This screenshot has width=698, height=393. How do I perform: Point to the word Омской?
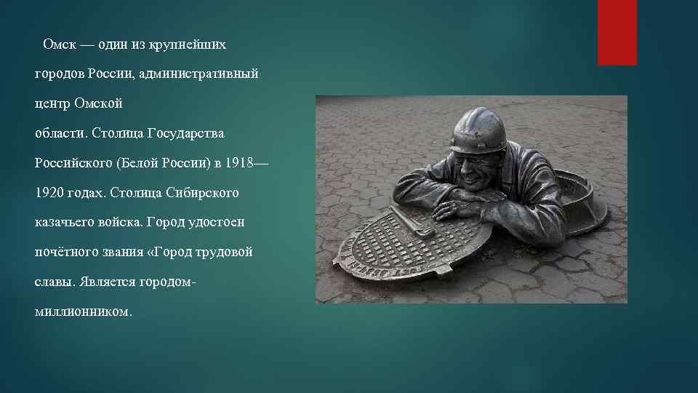[x=98, y=104]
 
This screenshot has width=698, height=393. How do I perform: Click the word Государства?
[x=186, y=134]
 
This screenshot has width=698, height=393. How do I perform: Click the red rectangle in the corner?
[x=617, y=32]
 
